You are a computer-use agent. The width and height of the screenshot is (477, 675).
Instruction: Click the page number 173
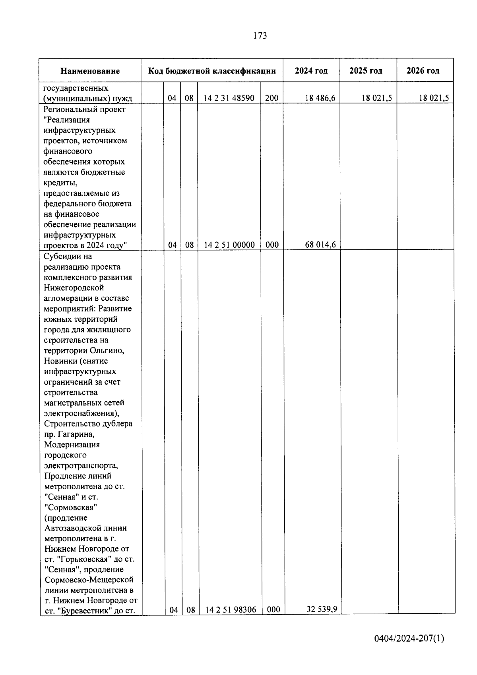click(x=260, y=36)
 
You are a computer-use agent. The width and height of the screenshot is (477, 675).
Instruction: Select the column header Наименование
click(x=90, y=71)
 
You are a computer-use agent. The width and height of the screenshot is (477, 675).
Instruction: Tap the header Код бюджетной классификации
click(x=212, y=71)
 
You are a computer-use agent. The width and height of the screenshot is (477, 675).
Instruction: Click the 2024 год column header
click(x=311, y=71)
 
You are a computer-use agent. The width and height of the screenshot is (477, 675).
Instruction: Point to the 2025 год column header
click(x=366, y=71)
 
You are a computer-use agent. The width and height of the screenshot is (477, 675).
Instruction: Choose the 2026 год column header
click(x=423, y=71)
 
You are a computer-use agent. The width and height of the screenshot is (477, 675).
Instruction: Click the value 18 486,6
click(x=320, y=98)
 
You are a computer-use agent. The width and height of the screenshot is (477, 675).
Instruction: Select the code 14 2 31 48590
click(x=229, y=98)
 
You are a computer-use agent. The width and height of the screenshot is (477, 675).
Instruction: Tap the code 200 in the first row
click(x=271, y=98)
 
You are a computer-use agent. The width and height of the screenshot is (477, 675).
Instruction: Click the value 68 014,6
click(x=320, y=245)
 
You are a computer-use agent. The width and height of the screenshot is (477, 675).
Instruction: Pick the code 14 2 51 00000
click(x=229, y=245)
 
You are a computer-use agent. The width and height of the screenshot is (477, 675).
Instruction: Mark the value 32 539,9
click(x=322, y=609)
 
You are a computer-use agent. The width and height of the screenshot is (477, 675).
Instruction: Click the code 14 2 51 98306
click(x=231, y=609)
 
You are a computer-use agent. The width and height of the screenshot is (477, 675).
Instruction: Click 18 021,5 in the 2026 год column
click(x=434, y=98)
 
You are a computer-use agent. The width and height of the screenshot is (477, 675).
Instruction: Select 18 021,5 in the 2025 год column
click(x=377, y=98)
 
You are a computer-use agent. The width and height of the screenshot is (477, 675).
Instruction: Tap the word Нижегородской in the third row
click(x=74, y=288)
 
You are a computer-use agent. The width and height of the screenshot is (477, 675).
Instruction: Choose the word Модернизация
click(x=72, y=444)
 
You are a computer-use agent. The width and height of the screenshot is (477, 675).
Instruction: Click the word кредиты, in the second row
click(x=61, y=183)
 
